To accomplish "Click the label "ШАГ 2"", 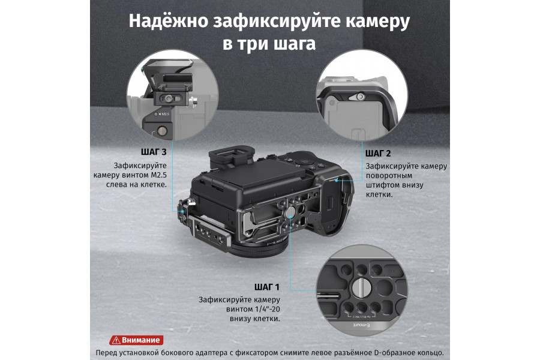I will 379,154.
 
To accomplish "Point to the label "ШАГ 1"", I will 268,287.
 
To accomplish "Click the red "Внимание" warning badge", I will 136,340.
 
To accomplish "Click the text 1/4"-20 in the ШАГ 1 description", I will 268,309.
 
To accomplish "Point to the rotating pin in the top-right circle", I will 359,96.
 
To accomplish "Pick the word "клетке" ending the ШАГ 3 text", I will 154,185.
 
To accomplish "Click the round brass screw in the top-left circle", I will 161,131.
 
